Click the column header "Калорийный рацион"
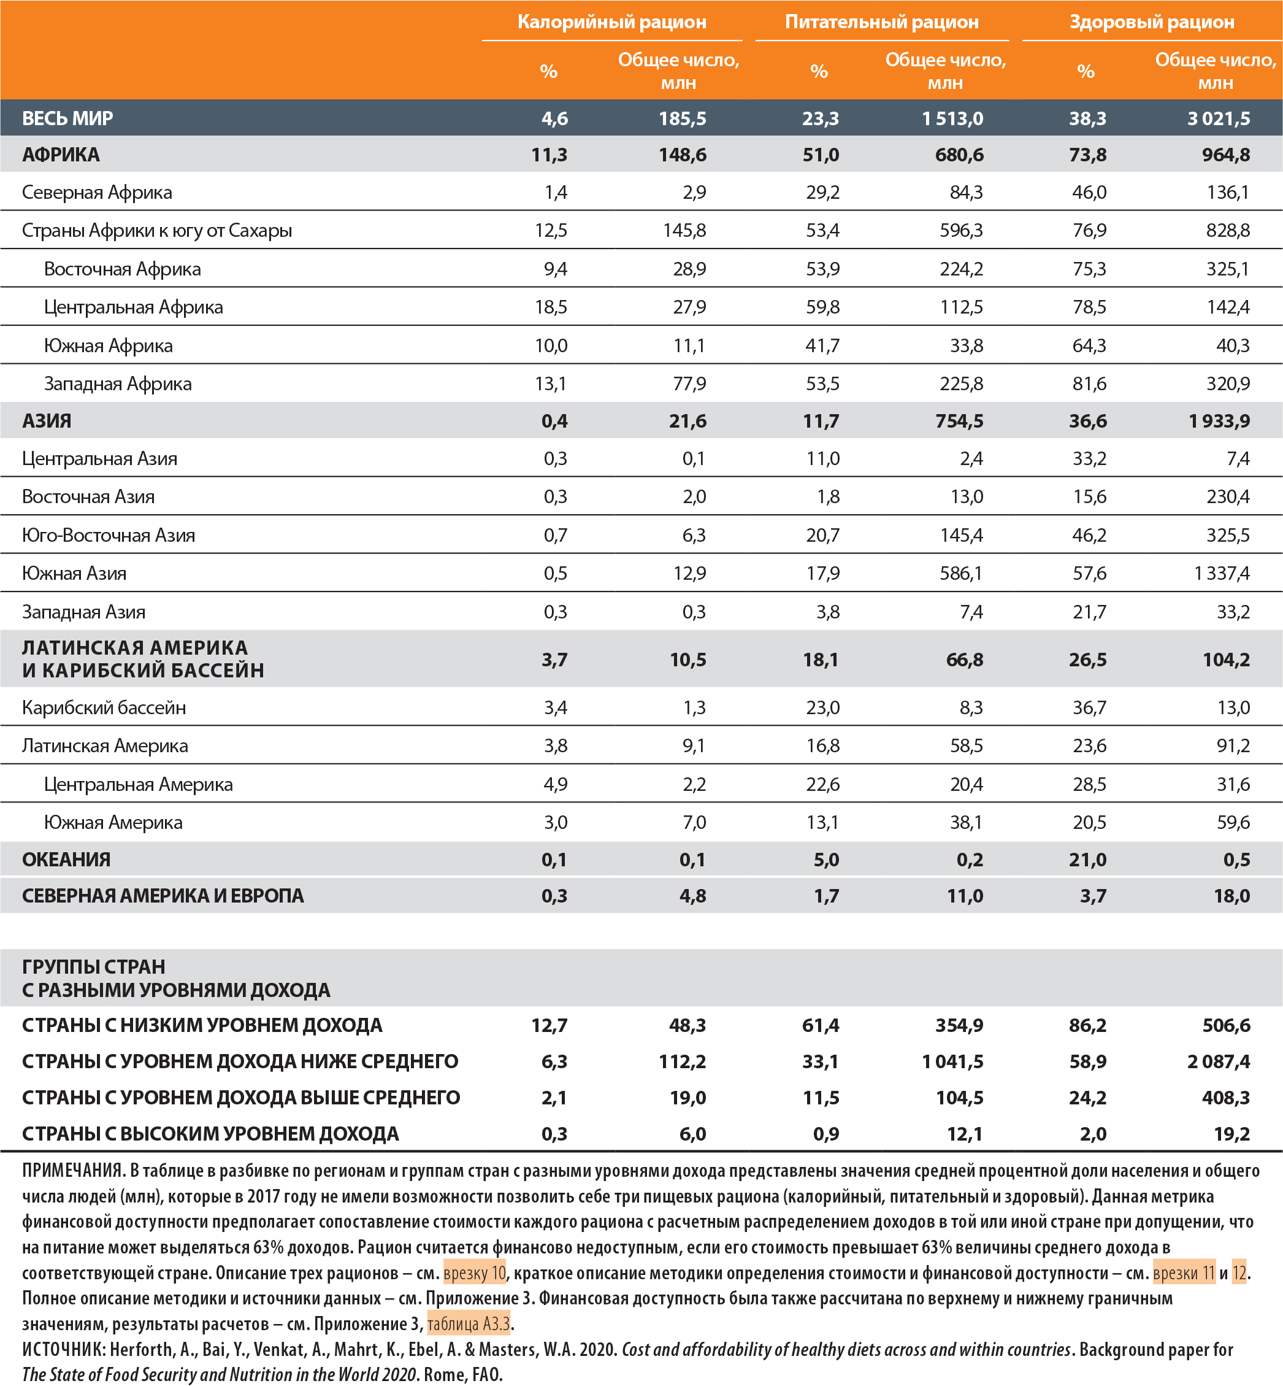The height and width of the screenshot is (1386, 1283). pyautogui.click(x=611, y=22)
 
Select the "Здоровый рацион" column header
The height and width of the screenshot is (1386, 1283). pyautogui.click(x=1151, y=22)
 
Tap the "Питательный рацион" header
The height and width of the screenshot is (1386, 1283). pyautogui.click(x=881, y=22)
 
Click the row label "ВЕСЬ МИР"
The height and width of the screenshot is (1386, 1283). pyautogui.click(x=67, y=118)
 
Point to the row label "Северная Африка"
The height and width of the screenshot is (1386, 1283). pyautogui.click(x=96, y=192)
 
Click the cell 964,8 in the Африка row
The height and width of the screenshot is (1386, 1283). pyautogui.click(x=1225, y=154)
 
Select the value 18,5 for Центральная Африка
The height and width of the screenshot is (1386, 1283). pyautogui.click(x=551, y=307)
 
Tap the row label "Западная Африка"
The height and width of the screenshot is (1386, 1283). pyautogui.click(x=117, y=383)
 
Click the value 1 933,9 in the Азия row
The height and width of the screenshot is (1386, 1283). pyautogui.click(x=1219, y=421)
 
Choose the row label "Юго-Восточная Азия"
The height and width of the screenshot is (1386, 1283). pyautogui.click(x=109, y=534)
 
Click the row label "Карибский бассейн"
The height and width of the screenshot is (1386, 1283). pyautogui.click(x=104, y=707)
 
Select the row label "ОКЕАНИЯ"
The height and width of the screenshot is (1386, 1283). pyautogui.click(x=66, y=859)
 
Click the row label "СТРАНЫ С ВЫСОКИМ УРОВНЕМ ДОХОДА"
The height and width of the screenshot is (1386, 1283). pyautogui.click(x=210, y=1133)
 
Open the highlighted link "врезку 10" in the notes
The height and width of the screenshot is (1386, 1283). pyautogui.click(x=474, y=1273)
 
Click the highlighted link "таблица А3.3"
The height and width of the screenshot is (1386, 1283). pyautogui.click(x=469, y=1323)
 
